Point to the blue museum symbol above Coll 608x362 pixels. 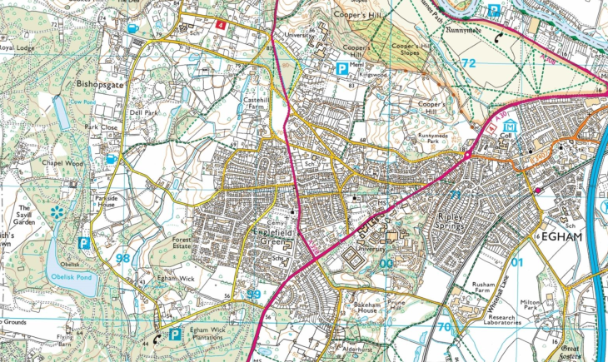pos(510,126)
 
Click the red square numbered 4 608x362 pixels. pos(220,25)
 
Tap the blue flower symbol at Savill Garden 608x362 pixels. pos(57,213)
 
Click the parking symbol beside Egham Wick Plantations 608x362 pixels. pos(175,334)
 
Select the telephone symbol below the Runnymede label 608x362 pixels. pos(498,37)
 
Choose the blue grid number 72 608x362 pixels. pos(470,63)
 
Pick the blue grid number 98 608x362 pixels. pos(123,259)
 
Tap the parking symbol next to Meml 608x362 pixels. pos(341,69)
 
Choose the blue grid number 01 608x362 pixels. pos(517,265)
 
